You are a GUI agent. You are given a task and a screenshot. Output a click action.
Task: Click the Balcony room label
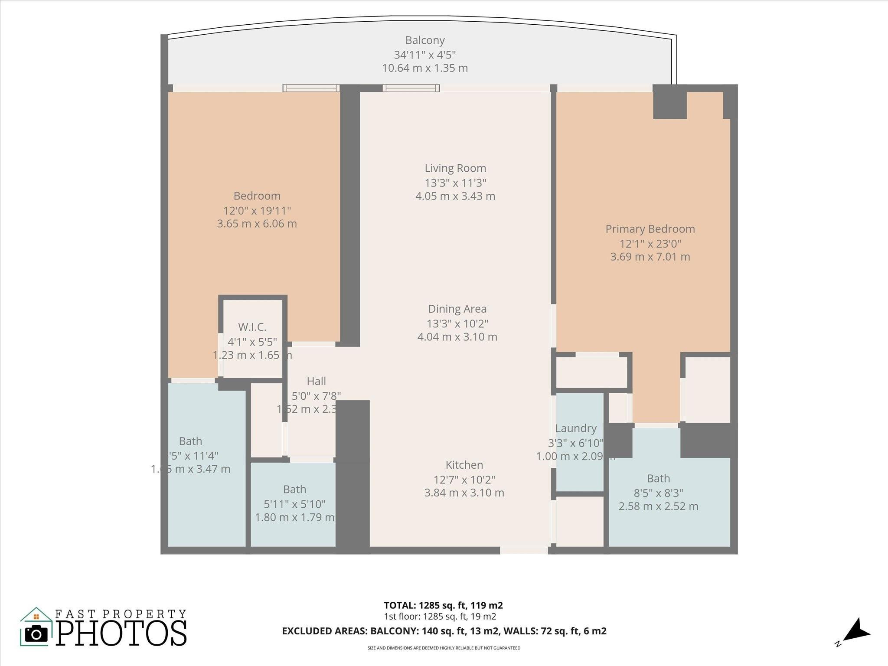(424, 40)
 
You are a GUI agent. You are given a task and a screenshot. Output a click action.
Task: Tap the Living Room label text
(455, 168)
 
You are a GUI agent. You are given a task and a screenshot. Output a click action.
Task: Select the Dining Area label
(457, 309)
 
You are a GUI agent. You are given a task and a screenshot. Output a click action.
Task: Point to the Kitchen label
(464, 465)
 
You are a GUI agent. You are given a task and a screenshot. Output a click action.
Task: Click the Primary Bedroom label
(650, 229)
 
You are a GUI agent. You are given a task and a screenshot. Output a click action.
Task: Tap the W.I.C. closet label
(252, 327)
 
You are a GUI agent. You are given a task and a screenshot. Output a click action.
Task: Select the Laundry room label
(576, 428)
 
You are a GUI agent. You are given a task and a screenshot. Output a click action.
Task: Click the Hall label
(316, 382)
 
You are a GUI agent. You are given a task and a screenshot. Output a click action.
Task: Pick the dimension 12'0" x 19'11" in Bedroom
(257, 211)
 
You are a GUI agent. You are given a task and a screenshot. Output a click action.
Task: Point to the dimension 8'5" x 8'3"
(658, 493)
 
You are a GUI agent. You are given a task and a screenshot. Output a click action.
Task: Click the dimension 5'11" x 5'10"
(294, 504)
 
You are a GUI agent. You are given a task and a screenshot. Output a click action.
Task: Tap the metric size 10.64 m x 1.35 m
(424, 68)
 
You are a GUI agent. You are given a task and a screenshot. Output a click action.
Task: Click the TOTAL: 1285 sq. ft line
(443, 605)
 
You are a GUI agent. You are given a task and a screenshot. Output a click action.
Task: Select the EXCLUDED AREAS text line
(444, 631)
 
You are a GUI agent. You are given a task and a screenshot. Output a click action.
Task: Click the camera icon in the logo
(36, 634)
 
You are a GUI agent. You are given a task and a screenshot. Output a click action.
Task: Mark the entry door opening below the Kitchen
(524, 550)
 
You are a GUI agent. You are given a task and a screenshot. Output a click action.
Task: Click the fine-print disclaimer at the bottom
(444, 648)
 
